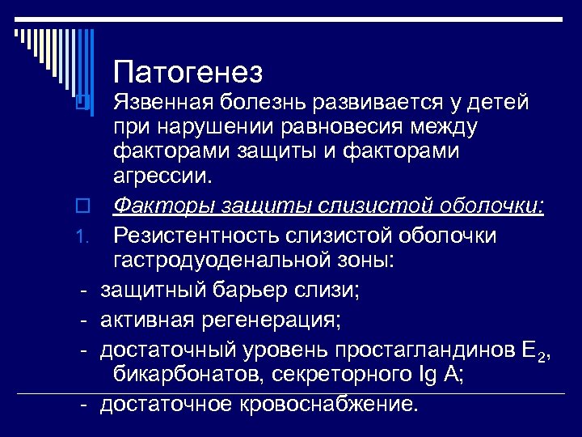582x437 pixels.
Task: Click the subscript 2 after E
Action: point(549,356)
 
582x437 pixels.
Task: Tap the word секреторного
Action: point(331,375)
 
